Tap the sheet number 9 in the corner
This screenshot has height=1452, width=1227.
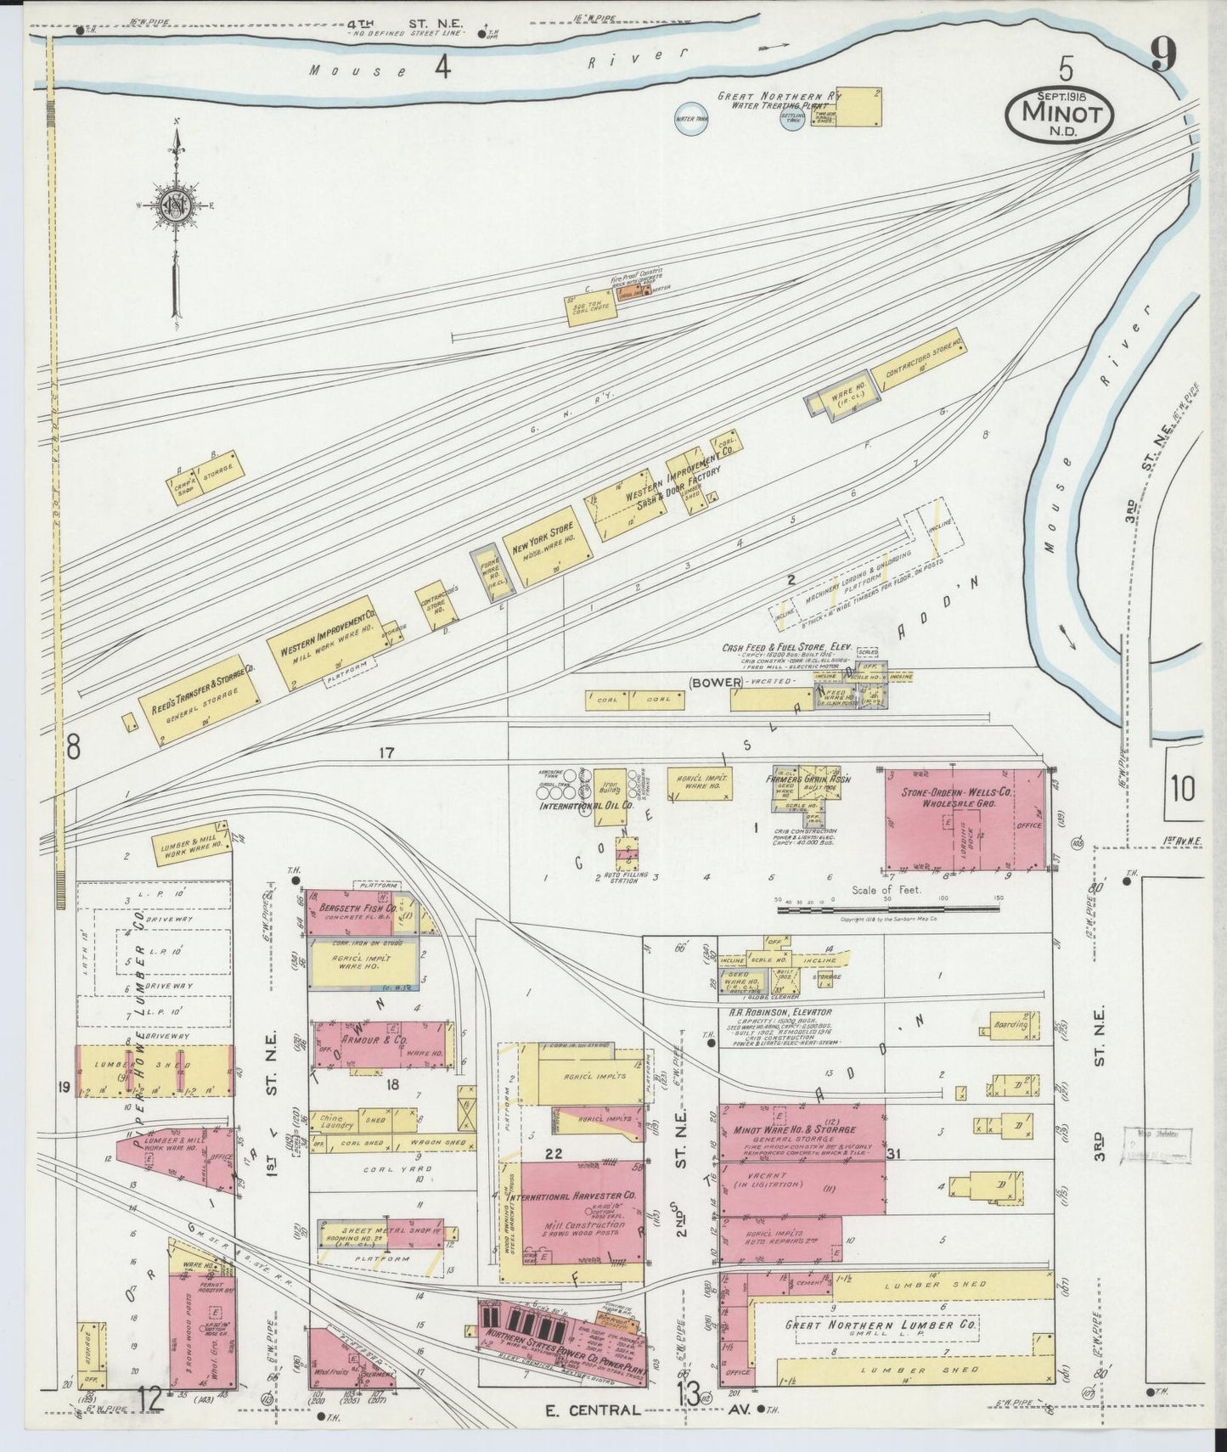[1162, 56]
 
